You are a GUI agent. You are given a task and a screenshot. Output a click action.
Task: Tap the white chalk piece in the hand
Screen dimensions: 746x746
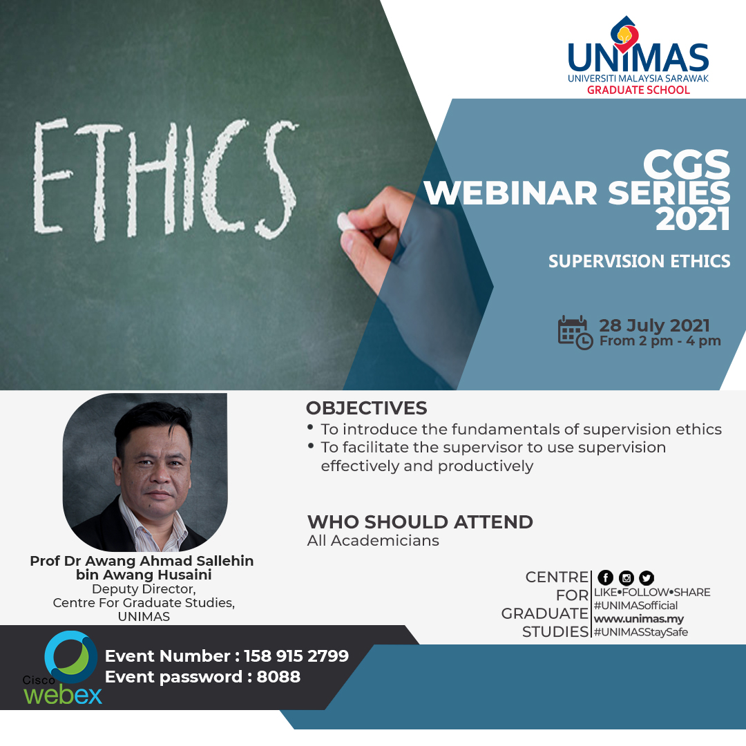tap(345, 222)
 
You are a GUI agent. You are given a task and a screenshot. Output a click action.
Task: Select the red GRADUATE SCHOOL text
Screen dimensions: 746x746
tap(638, 90)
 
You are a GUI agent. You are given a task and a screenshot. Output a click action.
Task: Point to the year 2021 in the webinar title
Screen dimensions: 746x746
tap(692, 220)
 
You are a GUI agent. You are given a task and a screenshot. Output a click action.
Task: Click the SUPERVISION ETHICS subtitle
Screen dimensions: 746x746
tap(639, 261)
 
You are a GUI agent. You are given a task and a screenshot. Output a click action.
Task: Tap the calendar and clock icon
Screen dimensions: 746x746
tap(575, 332)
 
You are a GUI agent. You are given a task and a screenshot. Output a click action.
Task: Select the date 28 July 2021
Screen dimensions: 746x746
tap(654, 325)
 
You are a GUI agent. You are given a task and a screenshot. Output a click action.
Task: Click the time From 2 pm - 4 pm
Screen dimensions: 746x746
tap(660, 341)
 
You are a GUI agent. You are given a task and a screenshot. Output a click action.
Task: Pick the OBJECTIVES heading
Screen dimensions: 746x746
tap(366, 408)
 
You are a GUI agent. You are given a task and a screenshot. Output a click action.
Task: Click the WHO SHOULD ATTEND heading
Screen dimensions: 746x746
tap(420, 522)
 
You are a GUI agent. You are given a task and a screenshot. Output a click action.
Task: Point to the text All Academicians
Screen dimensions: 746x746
tap(373, 540)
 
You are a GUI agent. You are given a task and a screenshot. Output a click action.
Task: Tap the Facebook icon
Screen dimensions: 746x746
tap(606, 578)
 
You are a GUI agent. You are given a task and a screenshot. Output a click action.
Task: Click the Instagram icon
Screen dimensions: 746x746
tap(627, 578)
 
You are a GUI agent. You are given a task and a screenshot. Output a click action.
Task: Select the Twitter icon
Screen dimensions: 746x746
tap(647, 578)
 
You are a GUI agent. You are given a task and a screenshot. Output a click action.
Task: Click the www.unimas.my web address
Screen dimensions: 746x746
tap(638, 619)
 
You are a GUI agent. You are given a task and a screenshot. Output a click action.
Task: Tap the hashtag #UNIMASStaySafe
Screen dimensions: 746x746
tap(641, 632)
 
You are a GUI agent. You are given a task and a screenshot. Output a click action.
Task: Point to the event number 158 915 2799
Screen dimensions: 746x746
tap(296, 656)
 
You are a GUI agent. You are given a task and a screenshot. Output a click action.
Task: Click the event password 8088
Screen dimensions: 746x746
tap(278, 677)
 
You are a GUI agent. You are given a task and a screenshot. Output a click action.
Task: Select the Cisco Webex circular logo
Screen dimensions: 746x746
tap(71, 656)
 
